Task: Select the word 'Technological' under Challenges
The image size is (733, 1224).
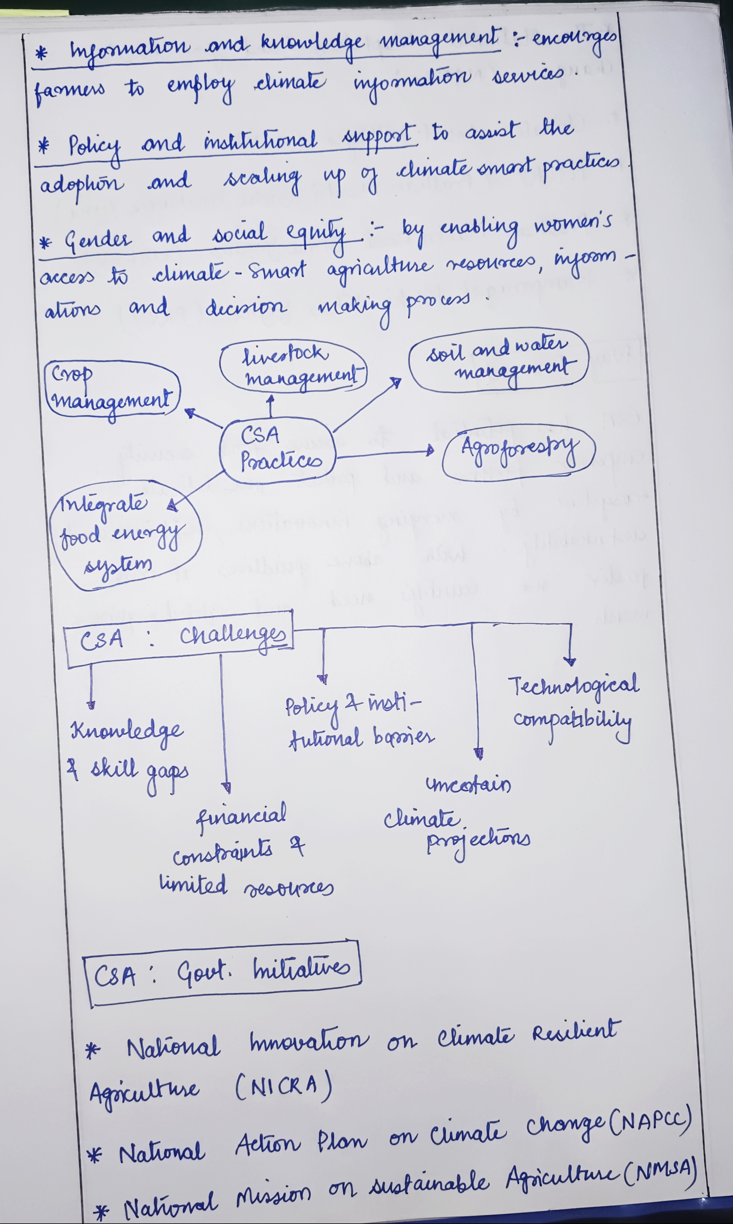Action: [x=574, y=686]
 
